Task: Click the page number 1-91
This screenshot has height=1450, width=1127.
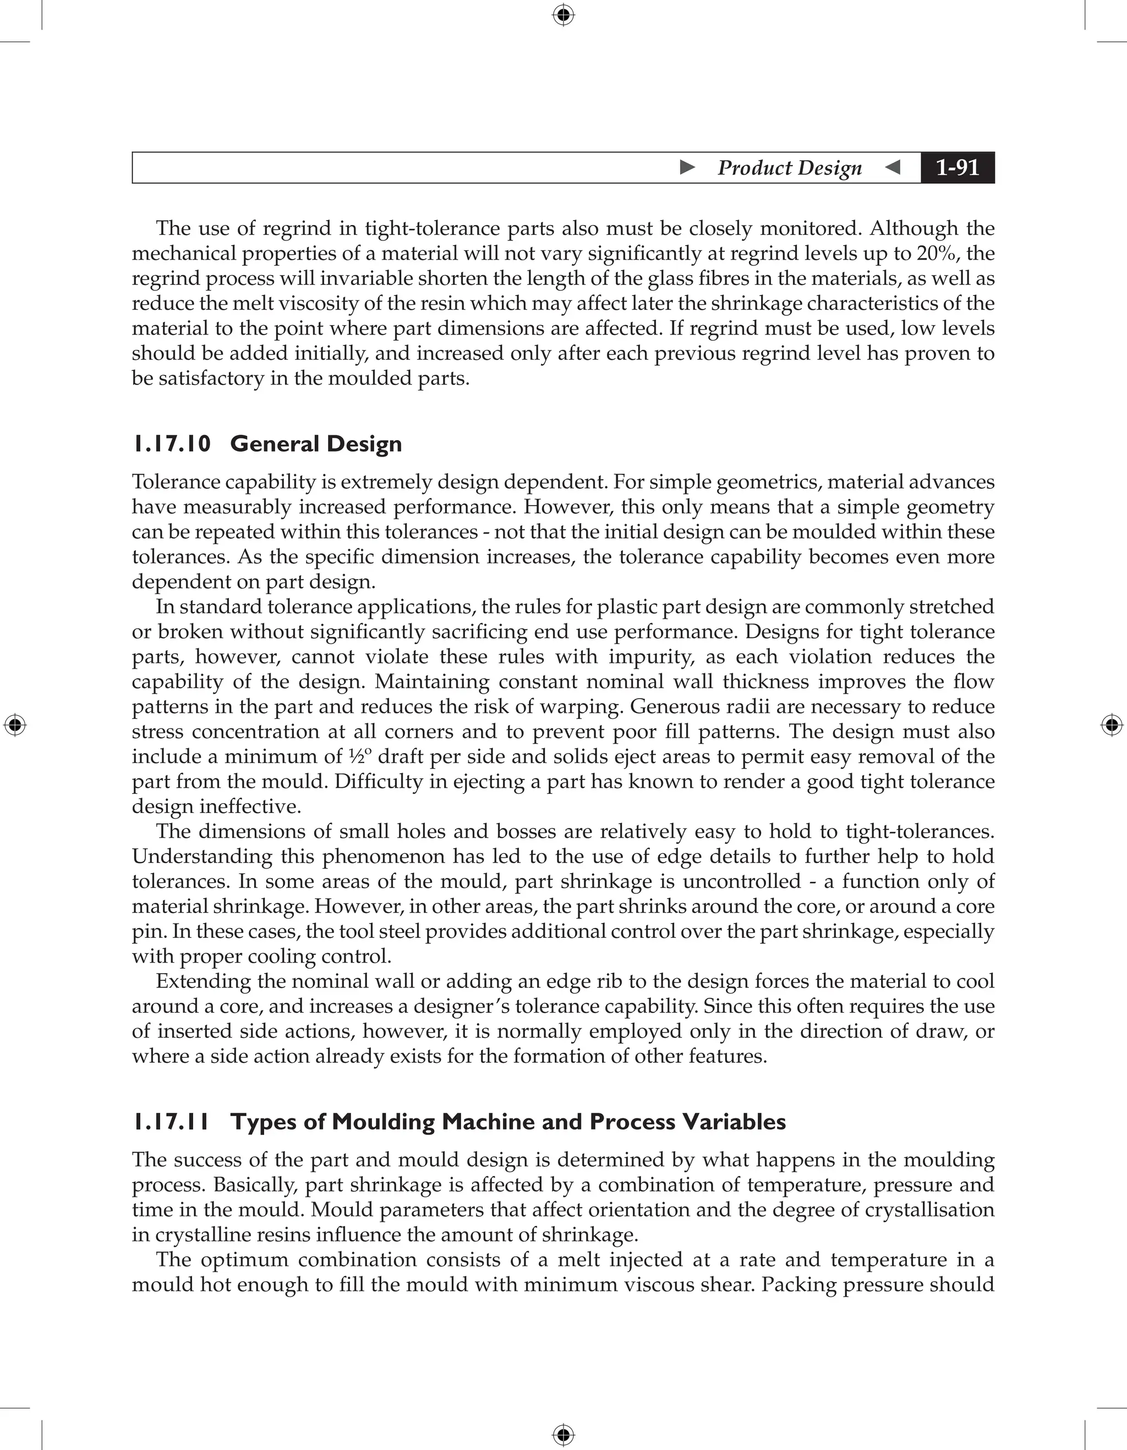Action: click(957, 167)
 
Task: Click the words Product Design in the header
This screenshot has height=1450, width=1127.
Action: click(789, 167)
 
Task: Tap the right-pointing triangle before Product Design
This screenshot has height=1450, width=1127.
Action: click(687, 167)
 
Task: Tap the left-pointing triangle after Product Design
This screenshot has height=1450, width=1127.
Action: click(893, 167)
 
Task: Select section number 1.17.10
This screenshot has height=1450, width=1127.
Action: click(171, 443)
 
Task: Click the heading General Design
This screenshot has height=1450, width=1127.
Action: click(315, 443)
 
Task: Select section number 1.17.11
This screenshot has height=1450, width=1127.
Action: click(171, 1122)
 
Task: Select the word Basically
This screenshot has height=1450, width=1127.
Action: click(255, 1184)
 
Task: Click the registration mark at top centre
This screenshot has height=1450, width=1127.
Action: click(563, 15)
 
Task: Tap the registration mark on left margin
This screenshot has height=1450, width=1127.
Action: click(15, 725)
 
